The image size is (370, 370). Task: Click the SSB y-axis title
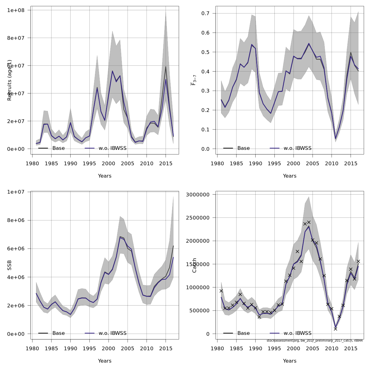tap(10, 265)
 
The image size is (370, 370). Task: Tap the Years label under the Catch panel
tap(290, 361)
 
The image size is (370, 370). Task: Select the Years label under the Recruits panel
tap(105, 176)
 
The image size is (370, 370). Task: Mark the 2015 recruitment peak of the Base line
tap(166, 67)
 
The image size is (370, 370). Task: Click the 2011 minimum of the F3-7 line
tap(335, 139)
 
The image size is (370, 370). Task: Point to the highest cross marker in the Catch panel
tap(309, 222)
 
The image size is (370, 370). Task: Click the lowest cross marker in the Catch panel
tap(335, 329)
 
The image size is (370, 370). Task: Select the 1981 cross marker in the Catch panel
tap(221, 291)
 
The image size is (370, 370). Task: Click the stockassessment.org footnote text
tap(314, 341)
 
